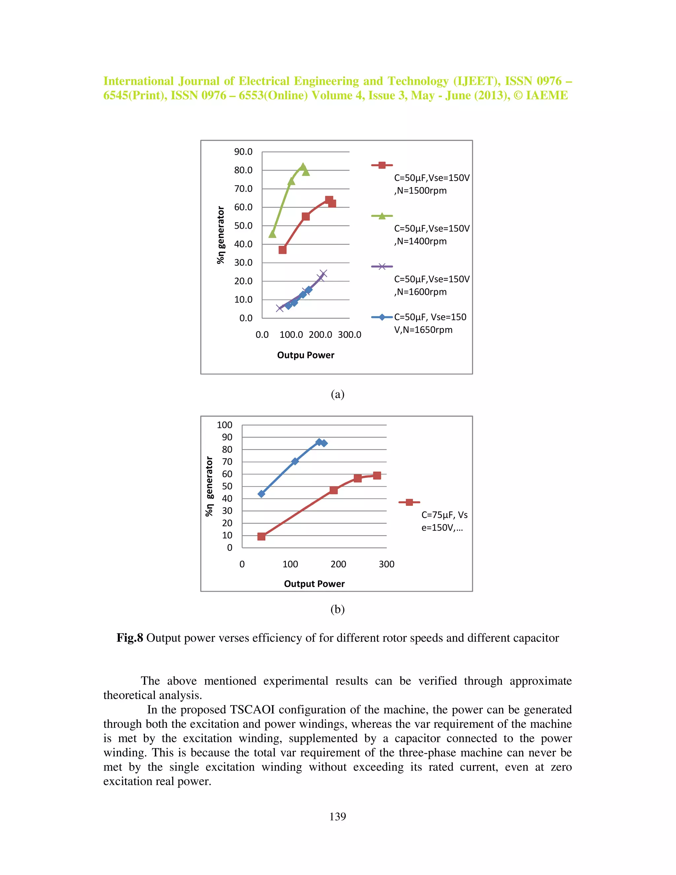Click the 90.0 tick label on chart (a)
[x=243, y=152]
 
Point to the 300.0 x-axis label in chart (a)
[x=349, y=334]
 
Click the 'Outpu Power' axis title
[x=306, y=355]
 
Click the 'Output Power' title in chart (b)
[x=314, y=584]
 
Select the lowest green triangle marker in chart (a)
[x=272, y=233]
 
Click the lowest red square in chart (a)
[x=282, y=250]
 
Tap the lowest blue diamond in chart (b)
[x=261, y=494]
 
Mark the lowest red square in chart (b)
[x=261, y=537]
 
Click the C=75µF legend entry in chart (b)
[x=444, y=520]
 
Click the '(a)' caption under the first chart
[x=338, y=394]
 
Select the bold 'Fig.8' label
[x=130, y=638]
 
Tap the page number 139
[x=338, y=817]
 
